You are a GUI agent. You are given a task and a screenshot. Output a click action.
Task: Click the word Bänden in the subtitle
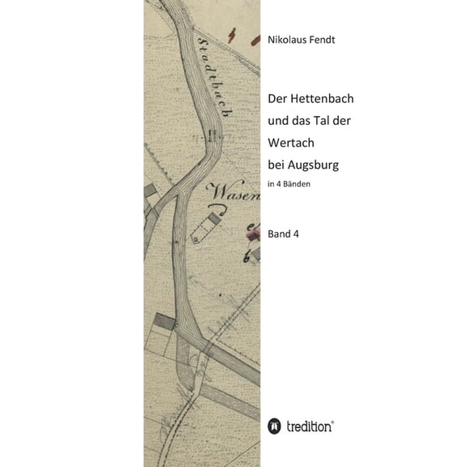[x=296, y=185]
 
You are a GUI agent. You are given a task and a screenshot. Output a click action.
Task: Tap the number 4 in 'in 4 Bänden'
[x=278, y=185]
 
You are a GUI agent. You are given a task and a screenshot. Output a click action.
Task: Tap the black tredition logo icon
[x=274, y=426]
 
